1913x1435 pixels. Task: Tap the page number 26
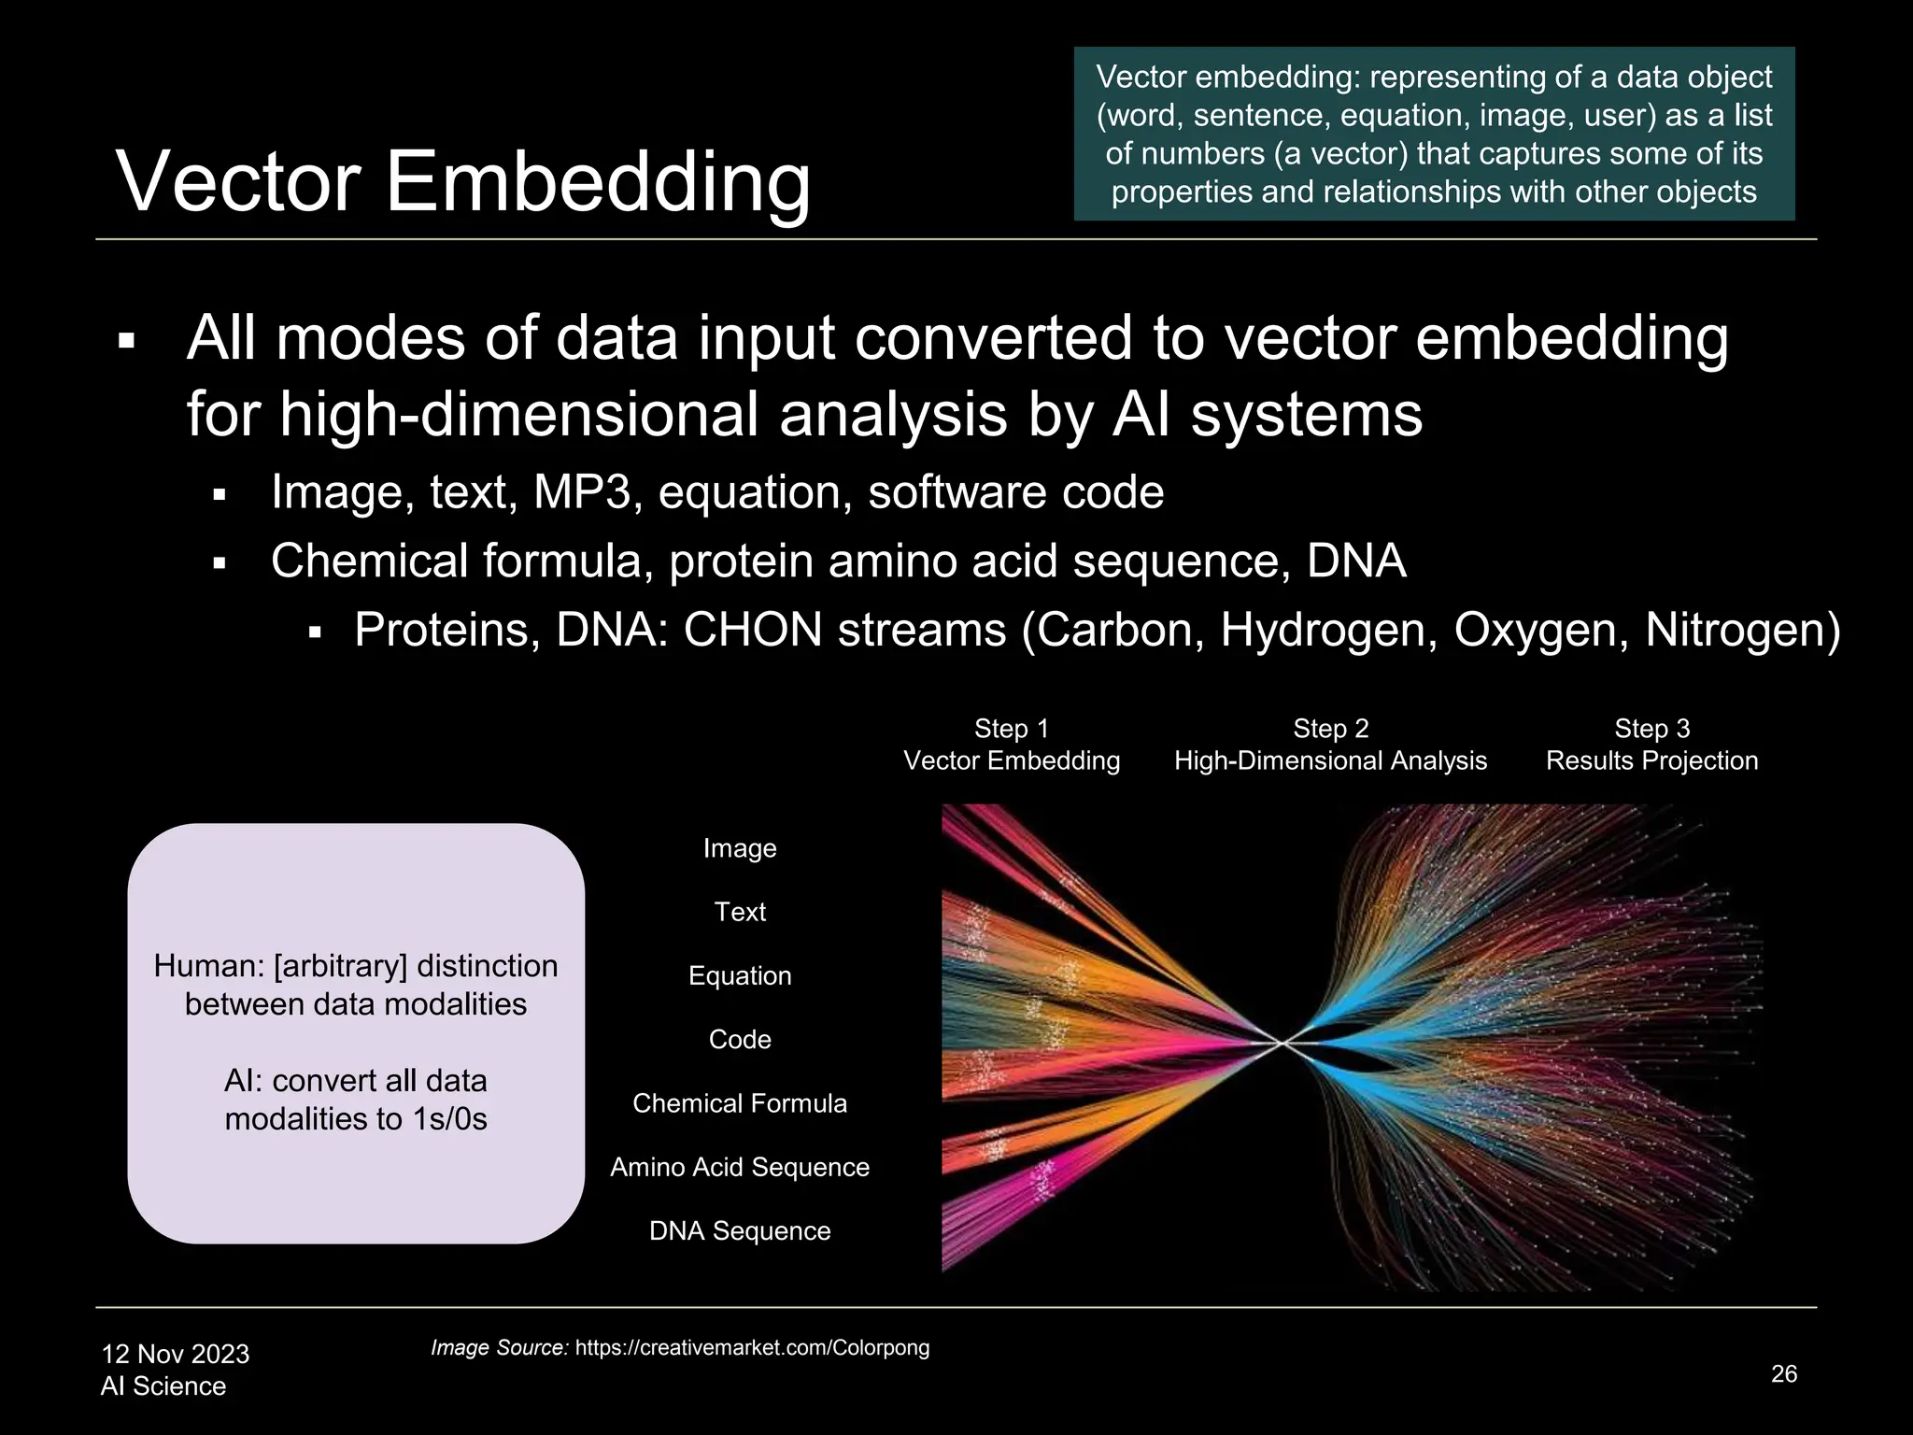tap(1783, 1373)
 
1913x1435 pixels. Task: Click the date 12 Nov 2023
tap(175, 1354)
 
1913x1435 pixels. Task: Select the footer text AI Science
tap(163, 1385)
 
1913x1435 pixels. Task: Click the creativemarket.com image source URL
tap(752, 1347)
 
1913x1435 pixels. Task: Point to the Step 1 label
tap(1011, 728)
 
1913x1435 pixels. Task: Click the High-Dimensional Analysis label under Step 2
tap(1330, 760)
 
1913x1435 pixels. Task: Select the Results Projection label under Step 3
tap(1651, 760)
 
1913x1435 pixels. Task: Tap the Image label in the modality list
tap(740, 848)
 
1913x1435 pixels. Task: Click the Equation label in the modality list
tap(740, 975)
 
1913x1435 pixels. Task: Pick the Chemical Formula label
tap(740, 1103)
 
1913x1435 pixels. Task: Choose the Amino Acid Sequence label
tap(740, 1167)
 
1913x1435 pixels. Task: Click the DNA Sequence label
tap(740, 1230)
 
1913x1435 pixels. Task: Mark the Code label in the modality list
tap(740, 1039)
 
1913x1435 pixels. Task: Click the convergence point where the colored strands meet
tap(1283, 1043)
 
